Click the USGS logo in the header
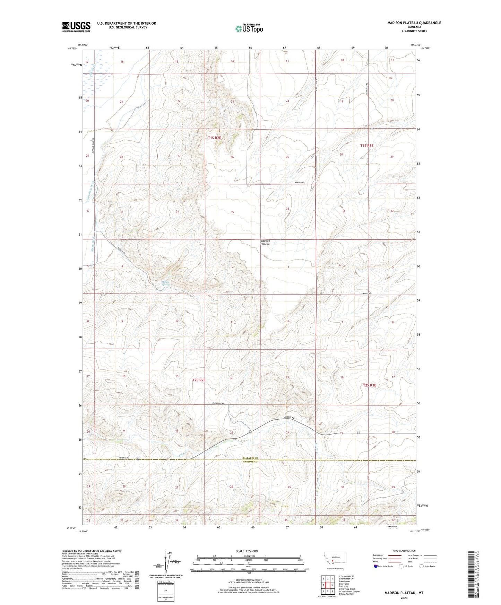(x=76, y=27)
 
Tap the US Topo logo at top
(x=249, y=28)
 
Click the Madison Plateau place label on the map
(x=265, y=242)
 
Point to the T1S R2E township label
(x=215, y=138)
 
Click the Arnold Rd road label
(x=299, y=182)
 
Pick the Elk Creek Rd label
(x=218, y=403)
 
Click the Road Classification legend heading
(x=404, y=551)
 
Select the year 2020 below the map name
(x=404, y=598)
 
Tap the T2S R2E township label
(x=199, y=380)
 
